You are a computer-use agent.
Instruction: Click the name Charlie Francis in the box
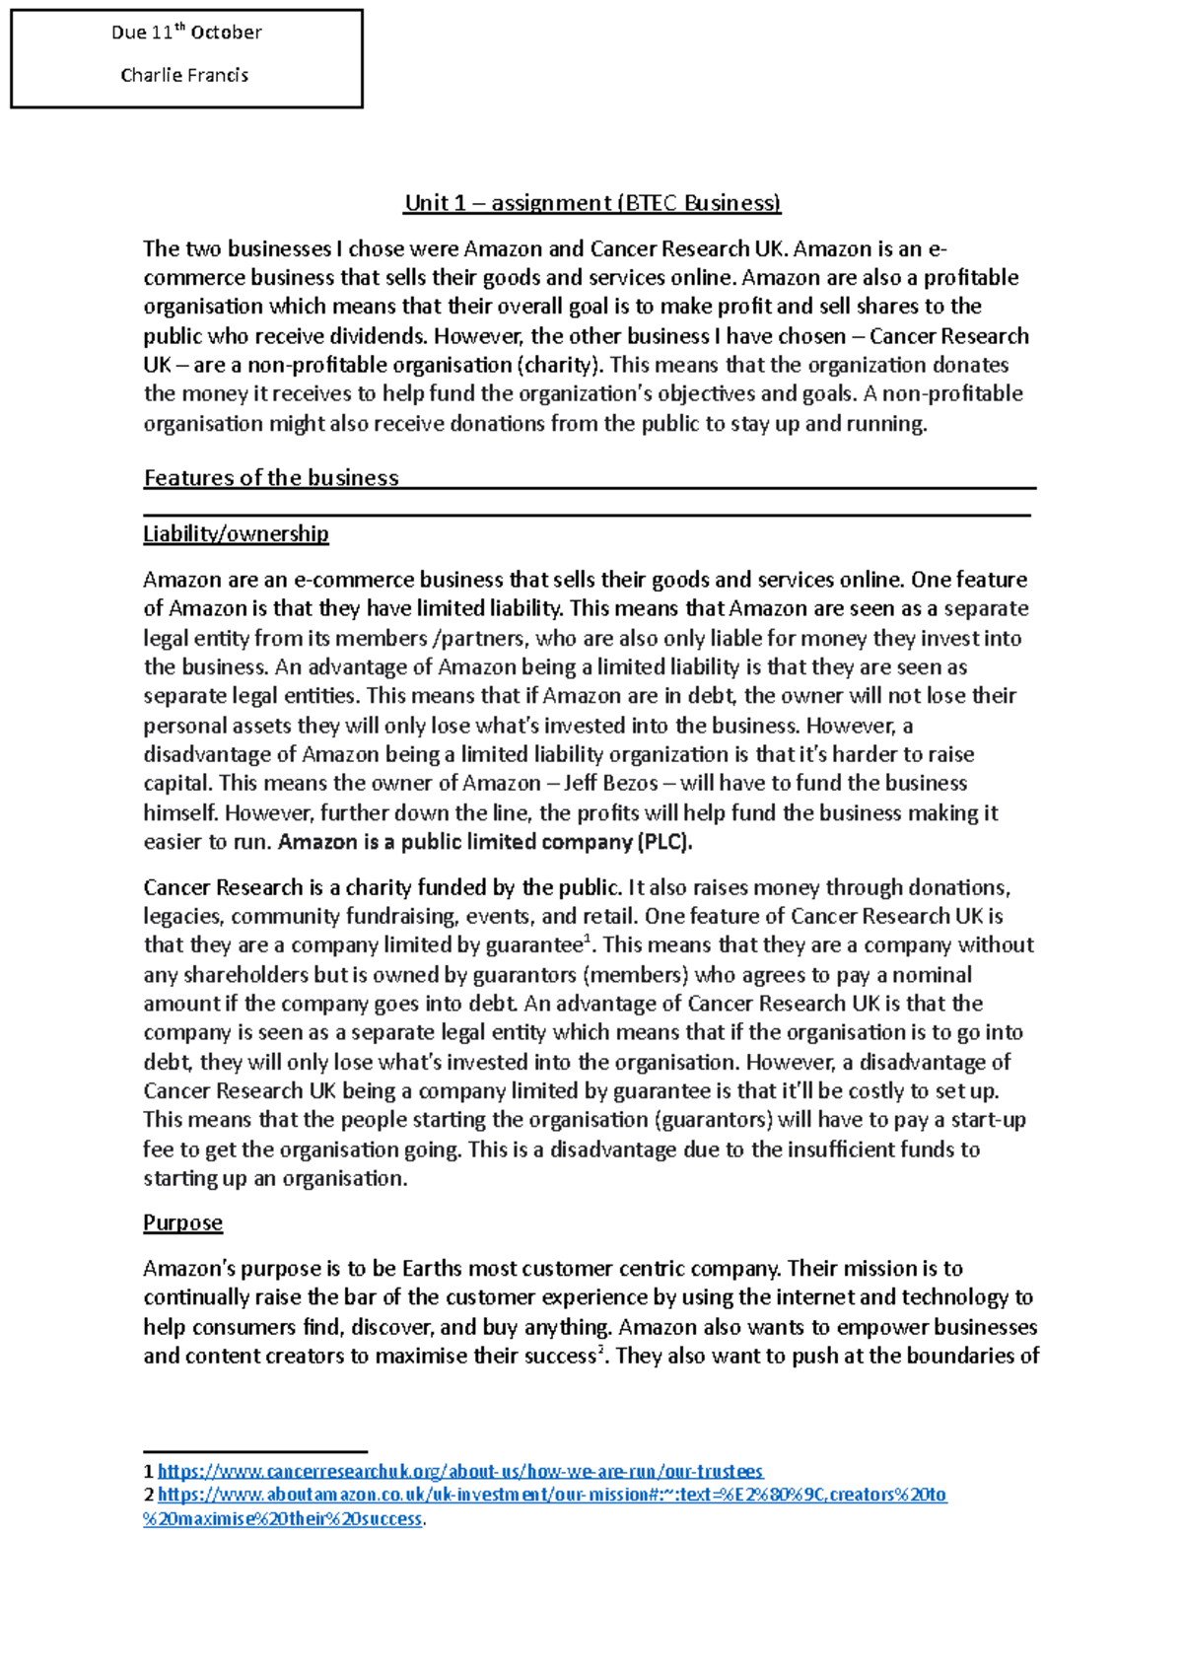[x=184, y=75]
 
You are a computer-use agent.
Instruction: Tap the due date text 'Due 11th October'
[x=186, y=33]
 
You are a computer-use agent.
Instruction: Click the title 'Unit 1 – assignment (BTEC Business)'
[x=591, y=203]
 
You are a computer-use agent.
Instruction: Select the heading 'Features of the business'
[x=271, y=478]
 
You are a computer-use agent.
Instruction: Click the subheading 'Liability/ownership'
[x=236, y=534]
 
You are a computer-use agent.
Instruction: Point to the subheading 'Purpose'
[x=182, y=1223]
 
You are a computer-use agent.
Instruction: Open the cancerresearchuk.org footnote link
[x=460, y=1472]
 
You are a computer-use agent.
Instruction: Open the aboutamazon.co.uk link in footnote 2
[x=552, y=1496]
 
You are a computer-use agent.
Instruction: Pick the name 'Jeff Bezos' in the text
[x=610, y=784]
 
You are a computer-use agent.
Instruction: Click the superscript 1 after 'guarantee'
[x=589, y=940]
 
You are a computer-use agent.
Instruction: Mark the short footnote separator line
[x=254, y=1451]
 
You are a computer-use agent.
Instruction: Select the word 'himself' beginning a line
[x=180, y=813]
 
